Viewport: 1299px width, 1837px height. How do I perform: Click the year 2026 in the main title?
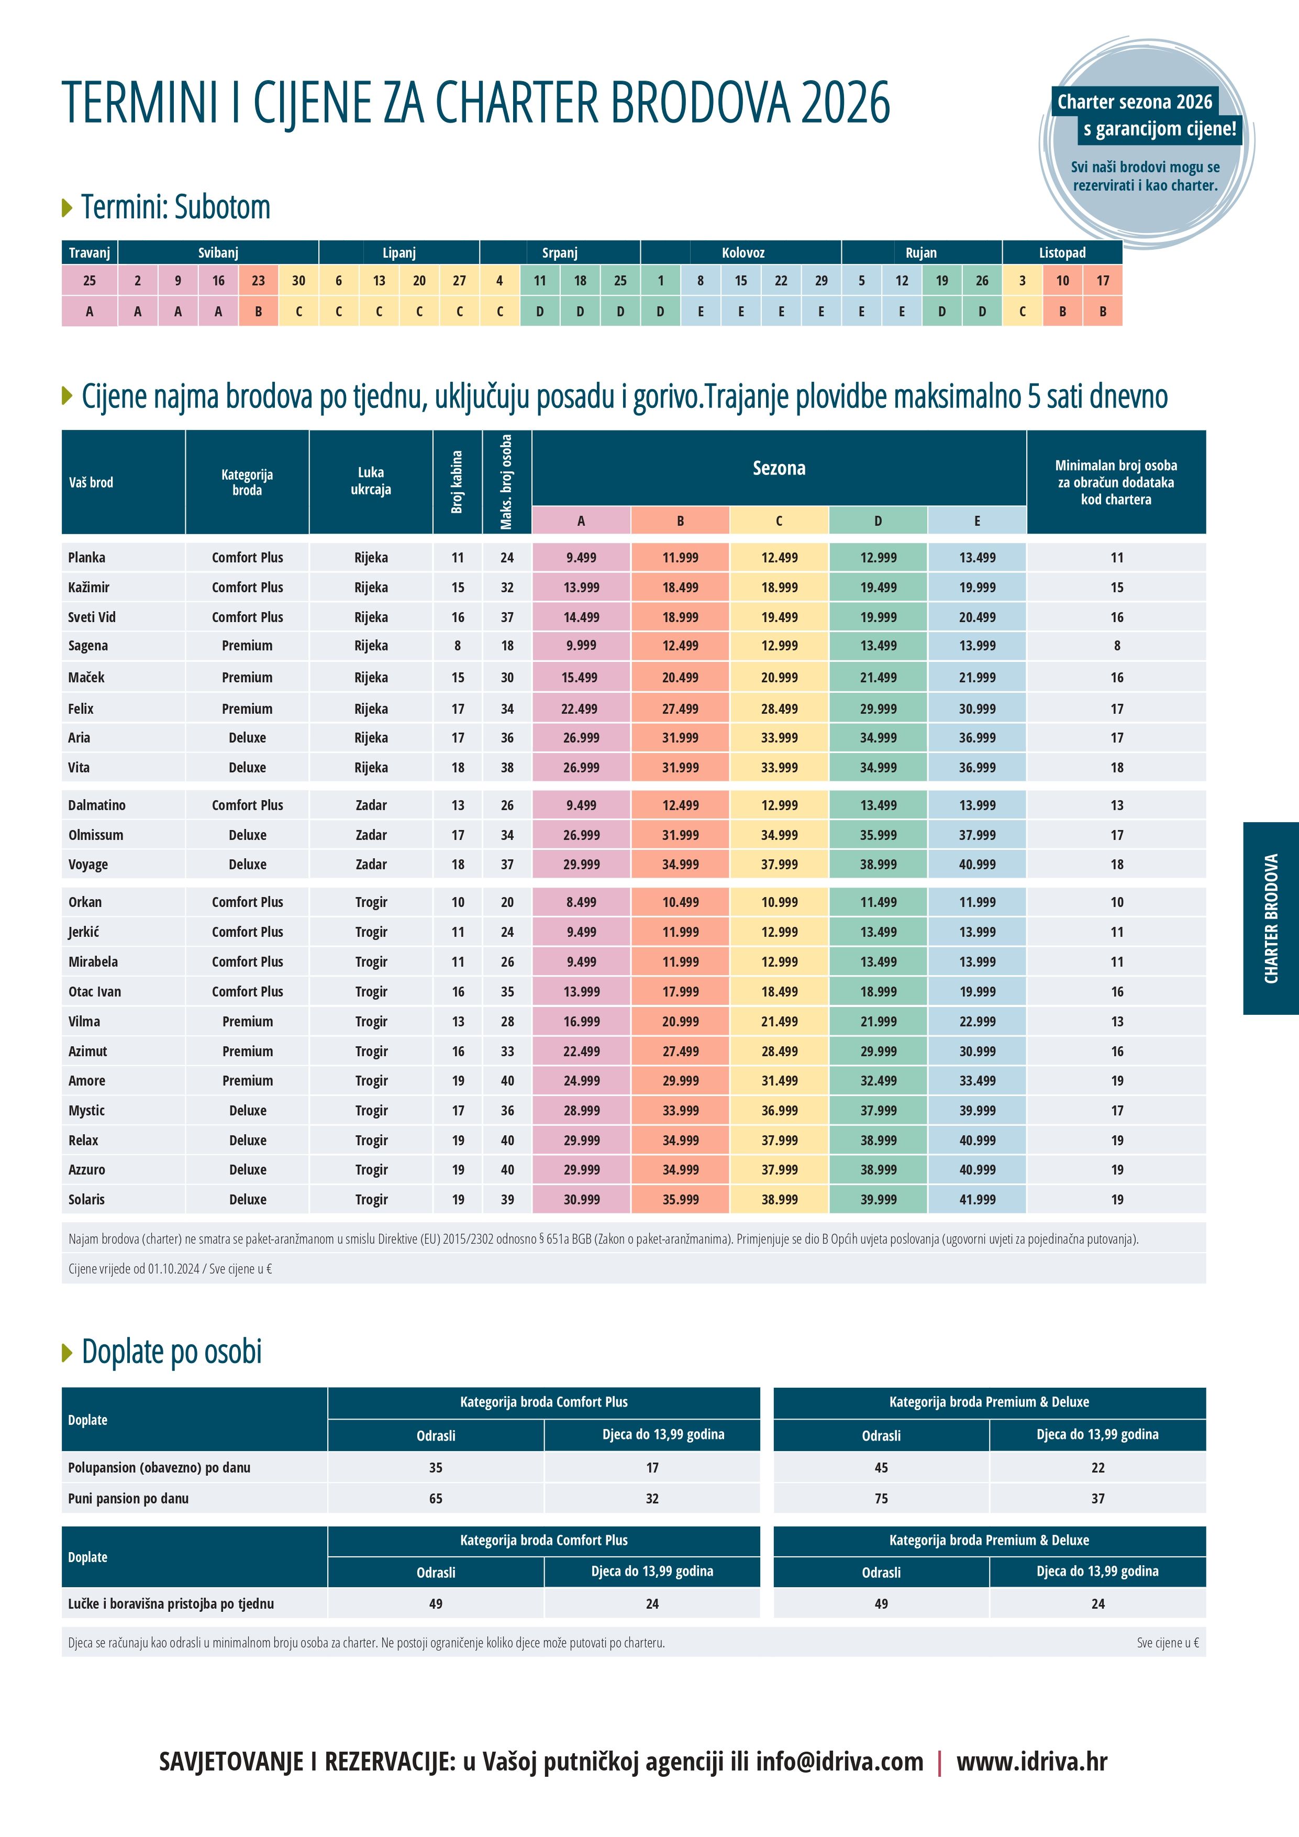(x=846, y=103)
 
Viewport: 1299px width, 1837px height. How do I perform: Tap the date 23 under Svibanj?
(x=258, y=281)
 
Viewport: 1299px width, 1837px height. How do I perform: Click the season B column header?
(x=680, y=521)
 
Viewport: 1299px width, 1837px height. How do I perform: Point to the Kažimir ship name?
(x=89, y=587)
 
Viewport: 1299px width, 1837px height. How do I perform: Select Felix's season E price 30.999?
(x=978, y=709)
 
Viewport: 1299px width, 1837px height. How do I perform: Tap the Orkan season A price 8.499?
(x=582, y=902)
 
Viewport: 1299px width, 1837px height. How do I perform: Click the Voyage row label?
(x=88, y=865)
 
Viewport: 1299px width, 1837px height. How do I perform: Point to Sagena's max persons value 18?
(x=507, y=646)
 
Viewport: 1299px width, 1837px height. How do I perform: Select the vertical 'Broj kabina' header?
(x=458, y=482)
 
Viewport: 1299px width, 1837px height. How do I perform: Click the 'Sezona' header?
(x=779, y=468)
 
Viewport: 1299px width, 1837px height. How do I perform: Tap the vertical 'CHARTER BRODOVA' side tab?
(x=1271, y=918)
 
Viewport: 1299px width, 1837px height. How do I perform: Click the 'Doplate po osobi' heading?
(x=172, y=1352)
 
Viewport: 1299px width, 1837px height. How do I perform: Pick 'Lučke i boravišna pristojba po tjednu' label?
(x=171, y=1603)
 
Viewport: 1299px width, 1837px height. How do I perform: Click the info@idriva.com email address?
(x=840, y=1761)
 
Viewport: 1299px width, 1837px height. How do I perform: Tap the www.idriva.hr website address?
(x=1032, y=1761)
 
